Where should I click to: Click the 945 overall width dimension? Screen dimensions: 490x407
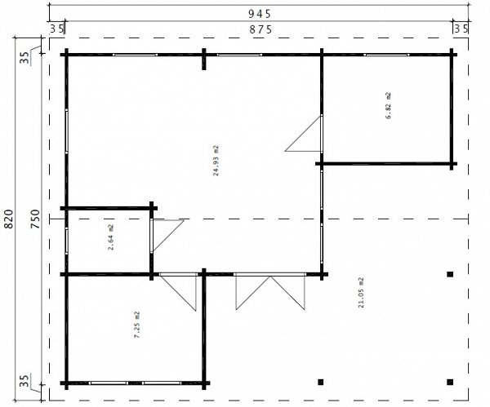[x=260, y=14]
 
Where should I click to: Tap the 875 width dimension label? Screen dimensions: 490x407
[x=261, y=29]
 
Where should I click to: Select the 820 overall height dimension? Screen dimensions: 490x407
[x=9, y=219]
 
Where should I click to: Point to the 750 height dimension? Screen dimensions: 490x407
[x=35, y=219]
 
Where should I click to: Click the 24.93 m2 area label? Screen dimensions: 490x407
[x=216, y=161]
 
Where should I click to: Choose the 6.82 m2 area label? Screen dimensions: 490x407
[x=389, y=105]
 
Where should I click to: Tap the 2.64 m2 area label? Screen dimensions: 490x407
[x=111, y=237]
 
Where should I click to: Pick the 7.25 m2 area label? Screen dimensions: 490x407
[x=137, y=325]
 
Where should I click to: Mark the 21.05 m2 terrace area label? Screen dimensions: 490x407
[x=361, y=293]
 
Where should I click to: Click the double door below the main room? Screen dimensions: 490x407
[x=270, y=291]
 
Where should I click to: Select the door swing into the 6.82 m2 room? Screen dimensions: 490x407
[x=304, y=133]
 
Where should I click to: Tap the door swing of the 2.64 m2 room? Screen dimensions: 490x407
[x=167, y=236]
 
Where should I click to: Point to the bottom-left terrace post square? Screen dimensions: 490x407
[x=320, y=382]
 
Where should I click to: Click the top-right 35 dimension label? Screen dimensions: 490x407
[x=461, y=29]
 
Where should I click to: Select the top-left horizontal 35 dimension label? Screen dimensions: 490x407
[x=57, y=29]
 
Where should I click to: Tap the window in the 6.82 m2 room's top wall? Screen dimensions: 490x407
[x=386, y=55]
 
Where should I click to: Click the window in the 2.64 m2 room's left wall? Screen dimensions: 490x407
[x=67, y=241]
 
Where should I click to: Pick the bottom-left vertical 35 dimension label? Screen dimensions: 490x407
[x=24, y=380]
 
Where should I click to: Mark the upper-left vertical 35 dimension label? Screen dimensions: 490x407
[x=24, y=57]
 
